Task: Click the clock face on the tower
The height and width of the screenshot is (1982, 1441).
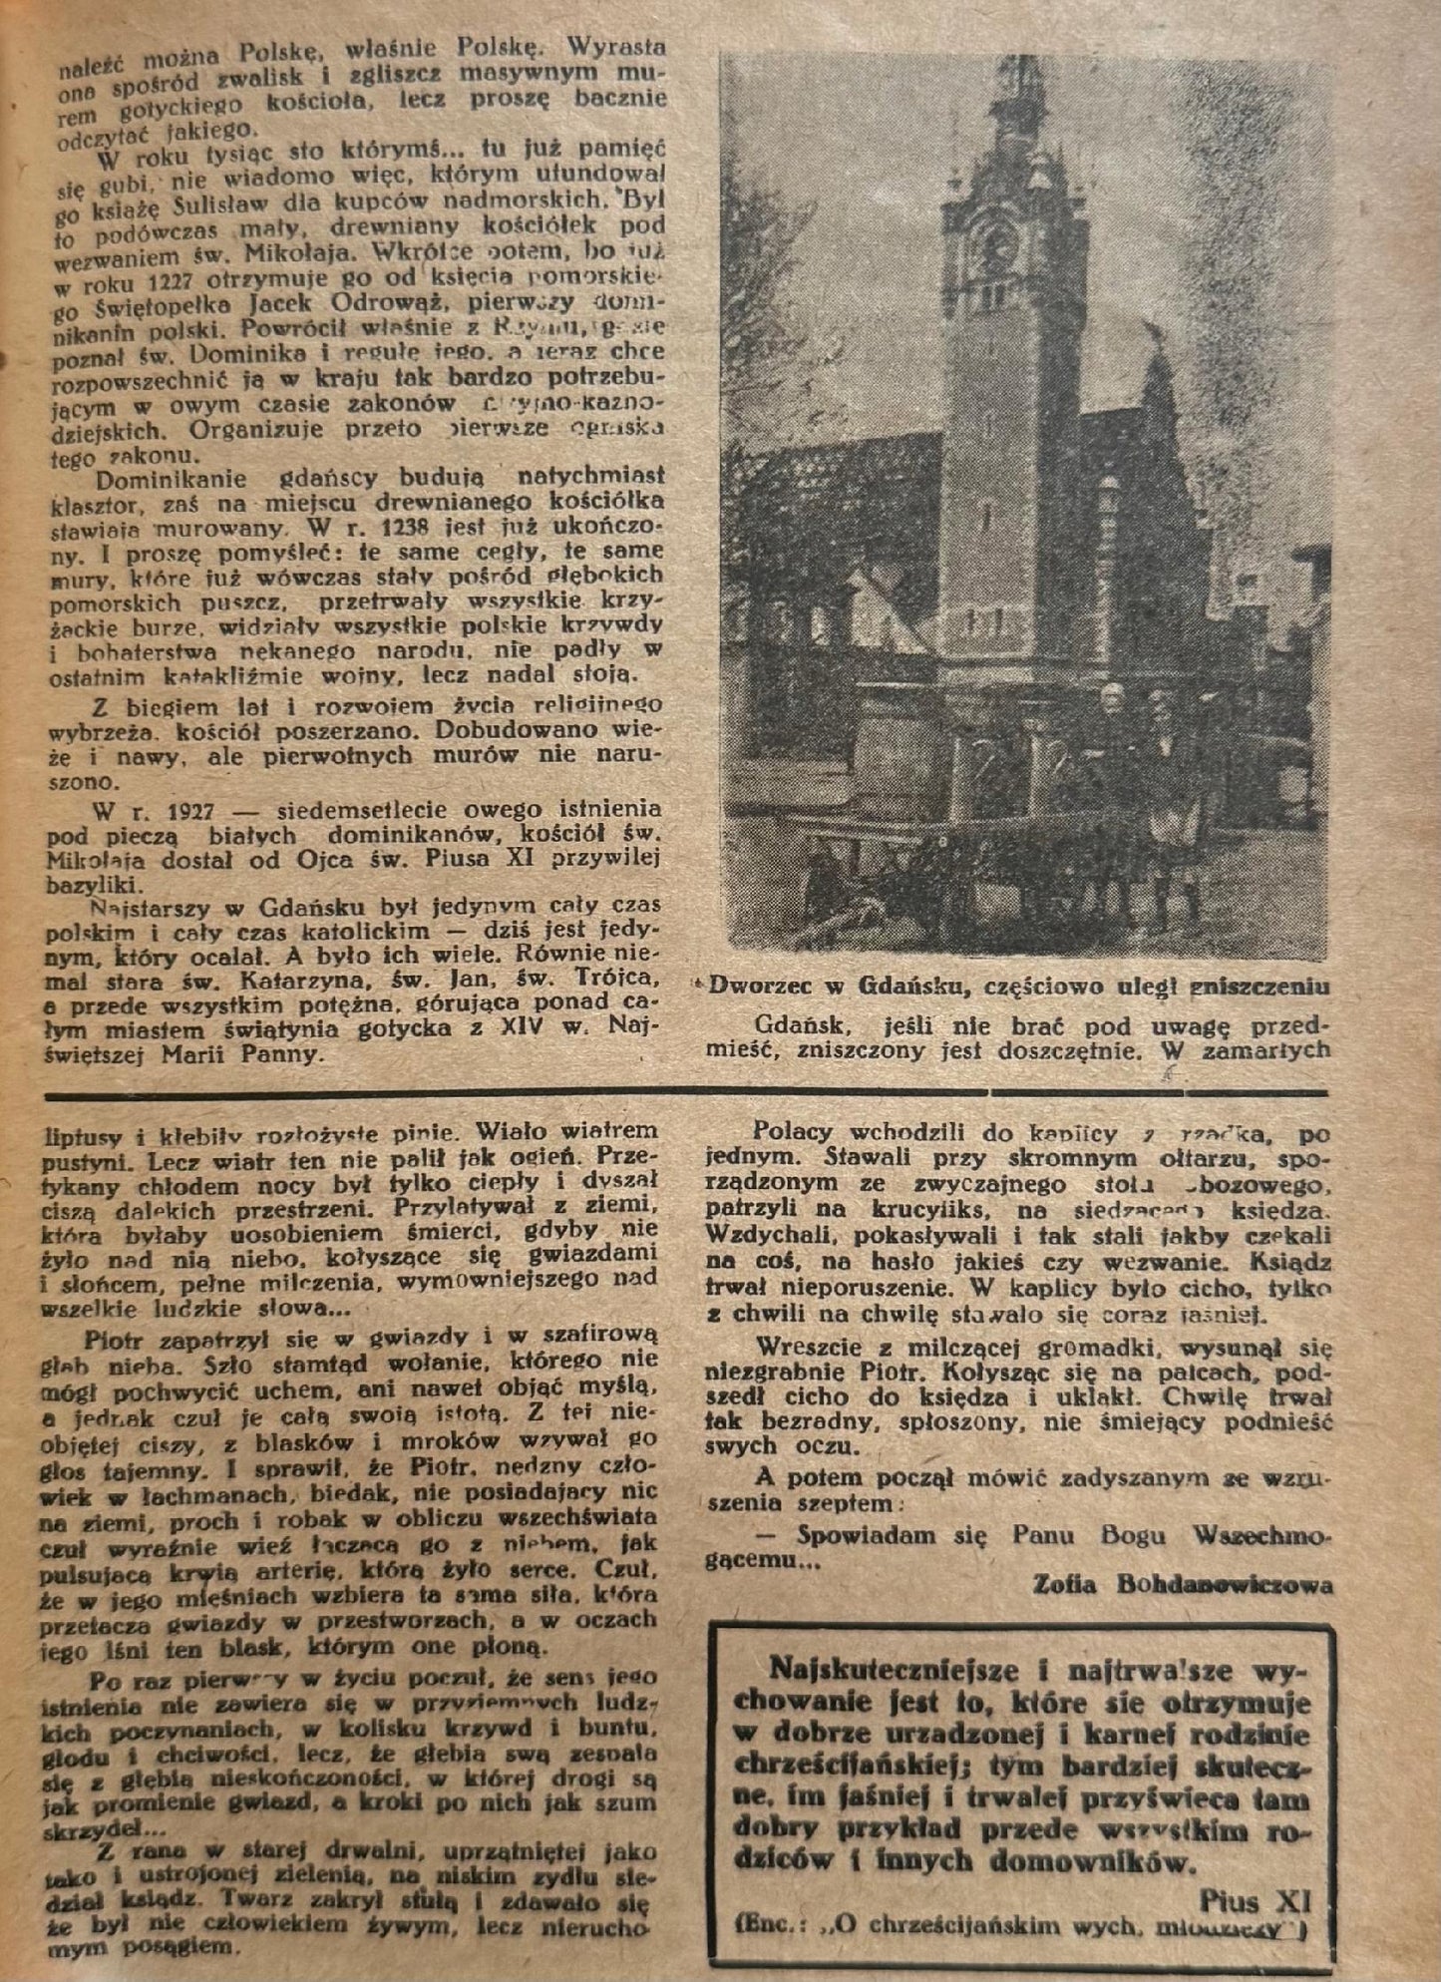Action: coord(998,242)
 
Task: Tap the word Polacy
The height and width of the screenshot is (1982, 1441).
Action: coord(793,1134)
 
